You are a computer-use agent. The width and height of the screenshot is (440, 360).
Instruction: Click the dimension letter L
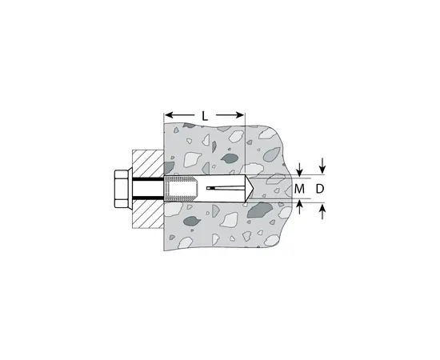[205, 116]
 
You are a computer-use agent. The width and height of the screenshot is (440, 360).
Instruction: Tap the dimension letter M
[299, 189]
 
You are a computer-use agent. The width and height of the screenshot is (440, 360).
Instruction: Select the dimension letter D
[320, 189]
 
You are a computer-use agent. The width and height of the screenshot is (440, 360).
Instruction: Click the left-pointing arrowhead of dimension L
[169, 115]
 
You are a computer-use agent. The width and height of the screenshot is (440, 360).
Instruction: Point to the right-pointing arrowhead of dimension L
[240, 115]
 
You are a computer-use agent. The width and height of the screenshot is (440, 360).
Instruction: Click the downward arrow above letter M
[300, 170]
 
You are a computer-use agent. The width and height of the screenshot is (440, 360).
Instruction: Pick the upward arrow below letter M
[300, 207]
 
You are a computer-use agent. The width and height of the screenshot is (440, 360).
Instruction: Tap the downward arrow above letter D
[322, 166]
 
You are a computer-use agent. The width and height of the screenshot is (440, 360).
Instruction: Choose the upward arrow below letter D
[322, 212]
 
